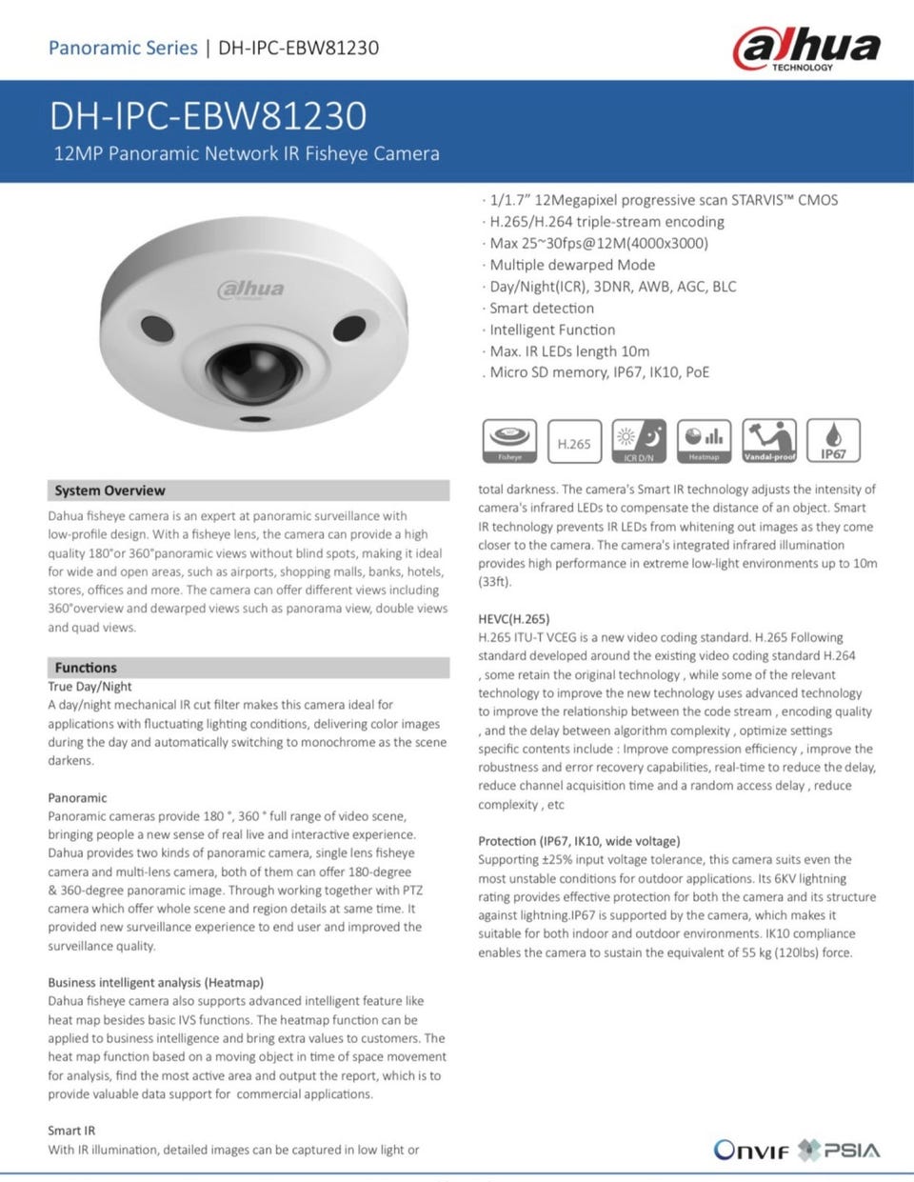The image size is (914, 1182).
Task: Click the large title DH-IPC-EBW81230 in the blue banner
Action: pos(208,115)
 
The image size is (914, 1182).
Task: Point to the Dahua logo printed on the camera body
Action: pos(251,290)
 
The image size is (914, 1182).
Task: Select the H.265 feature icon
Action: pos(574,442)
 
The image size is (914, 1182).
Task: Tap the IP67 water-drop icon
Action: pos(833,441)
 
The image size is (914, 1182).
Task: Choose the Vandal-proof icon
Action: pos(768,441)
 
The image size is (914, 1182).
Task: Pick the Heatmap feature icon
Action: pos(704,441)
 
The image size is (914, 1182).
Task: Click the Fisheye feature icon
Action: pos(509,441)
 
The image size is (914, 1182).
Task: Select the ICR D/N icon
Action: pos(639,441)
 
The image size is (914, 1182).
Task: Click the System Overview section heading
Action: pos(109,491)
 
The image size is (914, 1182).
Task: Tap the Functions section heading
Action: pos(86,668)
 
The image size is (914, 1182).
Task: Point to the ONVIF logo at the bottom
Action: pos(752,1151)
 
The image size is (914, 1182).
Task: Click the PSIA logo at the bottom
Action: pos(840,1150)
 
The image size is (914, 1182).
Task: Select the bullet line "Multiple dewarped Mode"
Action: pos(572,265)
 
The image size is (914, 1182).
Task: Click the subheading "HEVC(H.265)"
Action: pos(513,619)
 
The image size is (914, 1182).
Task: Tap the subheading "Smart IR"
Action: pos(71,1131)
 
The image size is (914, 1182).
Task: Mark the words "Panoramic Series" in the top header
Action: pos(123,48)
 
